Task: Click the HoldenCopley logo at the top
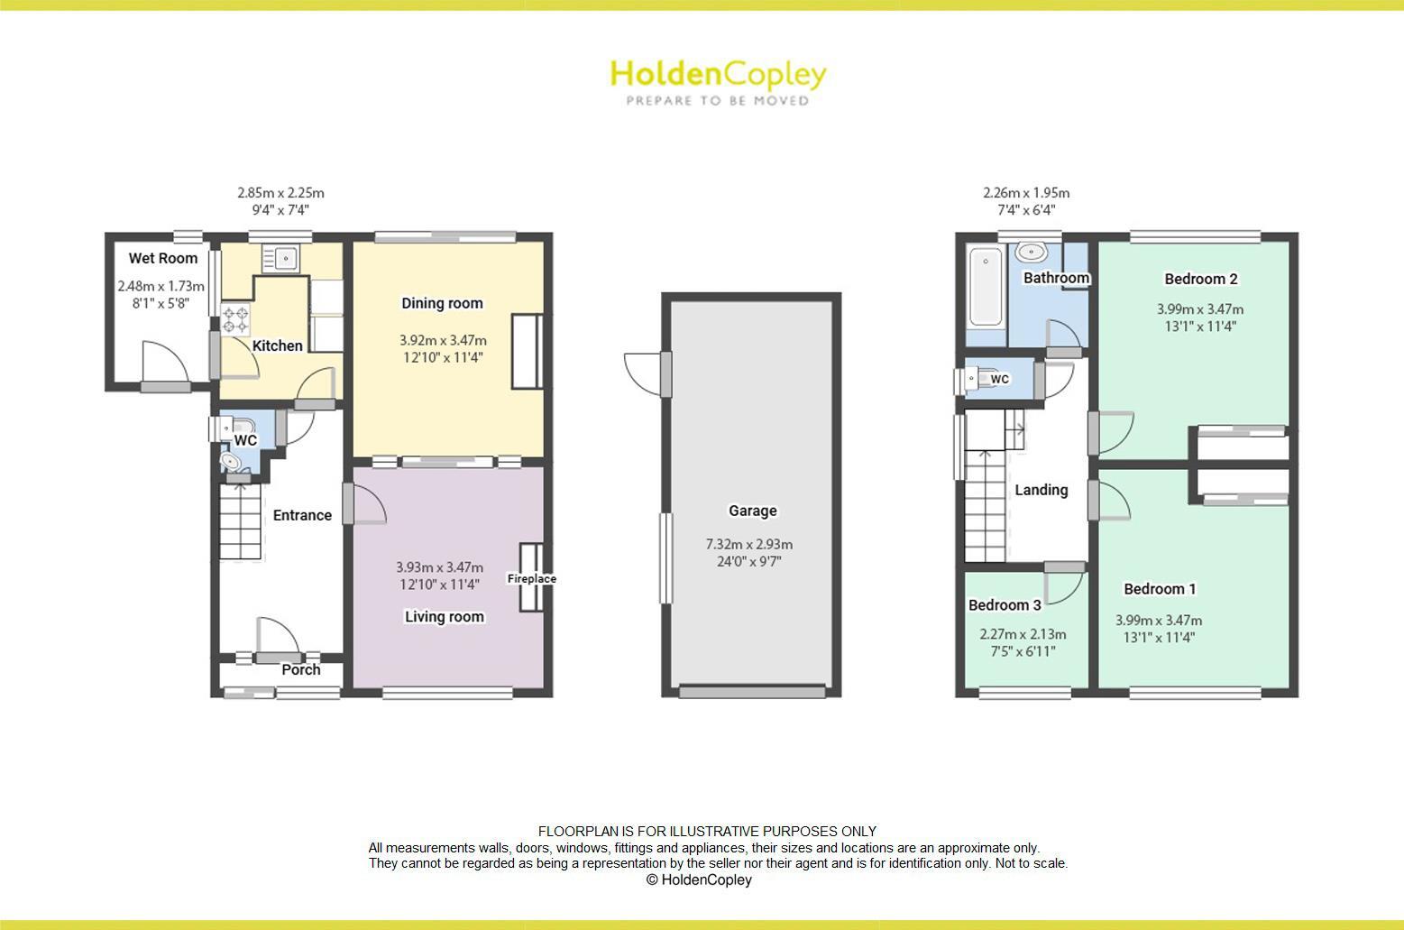[718, 81]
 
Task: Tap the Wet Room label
[162, 259]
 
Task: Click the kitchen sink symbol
[280, 258]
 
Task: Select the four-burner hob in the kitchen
[235, 319]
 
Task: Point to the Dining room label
[442, 304]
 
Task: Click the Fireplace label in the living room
[531, 579]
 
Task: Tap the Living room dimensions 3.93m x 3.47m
[439, 567]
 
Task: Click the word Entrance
[302, 515]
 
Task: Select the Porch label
[300, 669]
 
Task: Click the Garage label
[752, 511]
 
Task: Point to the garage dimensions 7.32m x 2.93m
[748, 545]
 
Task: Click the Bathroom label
[1056, 278]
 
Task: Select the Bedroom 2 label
[1200, 279]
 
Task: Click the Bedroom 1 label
[1160, 589]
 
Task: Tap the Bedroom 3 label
[1005, 604]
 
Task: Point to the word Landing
[1041, 490]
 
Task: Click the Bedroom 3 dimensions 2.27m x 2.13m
[1023, 634]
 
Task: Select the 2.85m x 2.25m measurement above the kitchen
[280, 193]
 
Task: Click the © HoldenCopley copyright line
[699, 879]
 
